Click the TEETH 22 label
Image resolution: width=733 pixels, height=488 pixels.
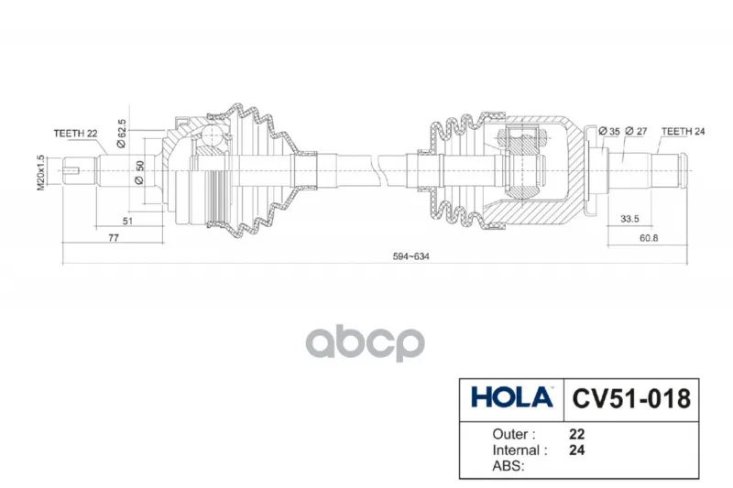(x=75, y=134)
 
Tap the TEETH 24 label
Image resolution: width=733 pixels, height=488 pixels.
(x=683, y=132)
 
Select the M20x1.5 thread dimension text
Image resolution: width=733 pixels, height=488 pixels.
(x=40, y=172)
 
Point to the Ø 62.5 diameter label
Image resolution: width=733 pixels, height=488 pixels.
(x=121, y=134)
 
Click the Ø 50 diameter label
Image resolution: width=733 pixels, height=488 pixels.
(x=139, y=173)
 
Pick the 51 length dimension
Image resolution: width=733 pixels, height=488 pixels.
(x=127, y=221)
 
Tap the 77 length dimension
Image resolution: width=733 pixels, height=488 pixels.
(x=114, y=238)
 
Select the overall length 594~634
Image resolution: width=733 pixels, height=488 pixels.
(x=410, y=256)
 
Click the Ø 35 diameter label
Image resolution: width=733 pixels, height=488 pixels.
(x=609, y=132)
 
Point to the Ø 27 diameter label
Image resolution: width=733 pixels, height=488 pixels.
(x=636, y=132)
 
